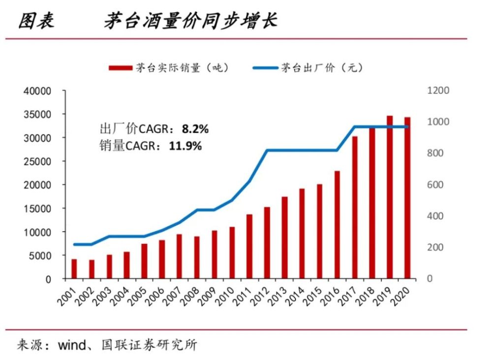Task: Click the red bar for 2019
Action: click(390, 197)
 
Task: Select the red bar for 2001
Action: click(74, 269)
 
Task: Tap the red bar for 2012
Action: click(267, 242)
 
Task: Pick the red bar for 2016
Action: click(337, 225)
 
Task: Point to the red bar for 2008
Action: click(197, 257)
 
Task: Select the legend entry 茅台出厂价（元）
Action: click(308, 67)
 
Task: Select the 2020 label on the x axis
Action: click(400, 295)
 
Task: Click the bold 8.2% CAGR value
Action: click(195, 129)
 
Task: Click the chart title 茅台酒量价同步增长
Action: click(190, 21)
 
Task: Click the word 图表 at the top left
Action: click(35, 21)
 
